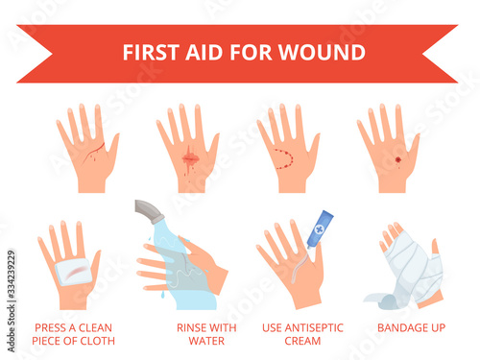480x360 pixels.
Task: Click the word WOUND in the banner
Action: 322,52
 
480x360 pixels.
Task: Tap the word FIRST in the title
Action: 151,52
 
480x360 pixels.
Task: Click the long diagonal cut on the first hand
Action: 93,152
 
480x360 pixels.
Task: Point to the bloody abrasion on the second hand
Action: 190,158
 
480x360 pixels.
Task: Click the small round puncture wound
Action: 397,159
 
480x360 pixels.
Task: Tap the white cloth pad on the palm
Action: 73,272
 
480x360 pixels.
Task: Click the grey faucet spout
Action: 148,211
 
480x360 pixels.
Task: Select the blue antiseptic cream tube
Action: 320,228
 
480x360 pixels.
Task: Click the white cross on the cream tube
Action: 319,228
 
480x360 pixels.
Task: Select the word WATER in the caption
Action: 206,341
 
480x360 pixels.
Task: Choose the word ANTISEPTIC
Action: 314,327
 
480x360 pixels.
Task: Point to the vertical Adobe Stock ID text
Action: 12,300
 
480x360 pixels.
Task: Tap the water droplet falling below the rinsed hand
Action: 163,295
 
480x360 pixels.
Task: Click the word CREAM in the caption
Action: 302,341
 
